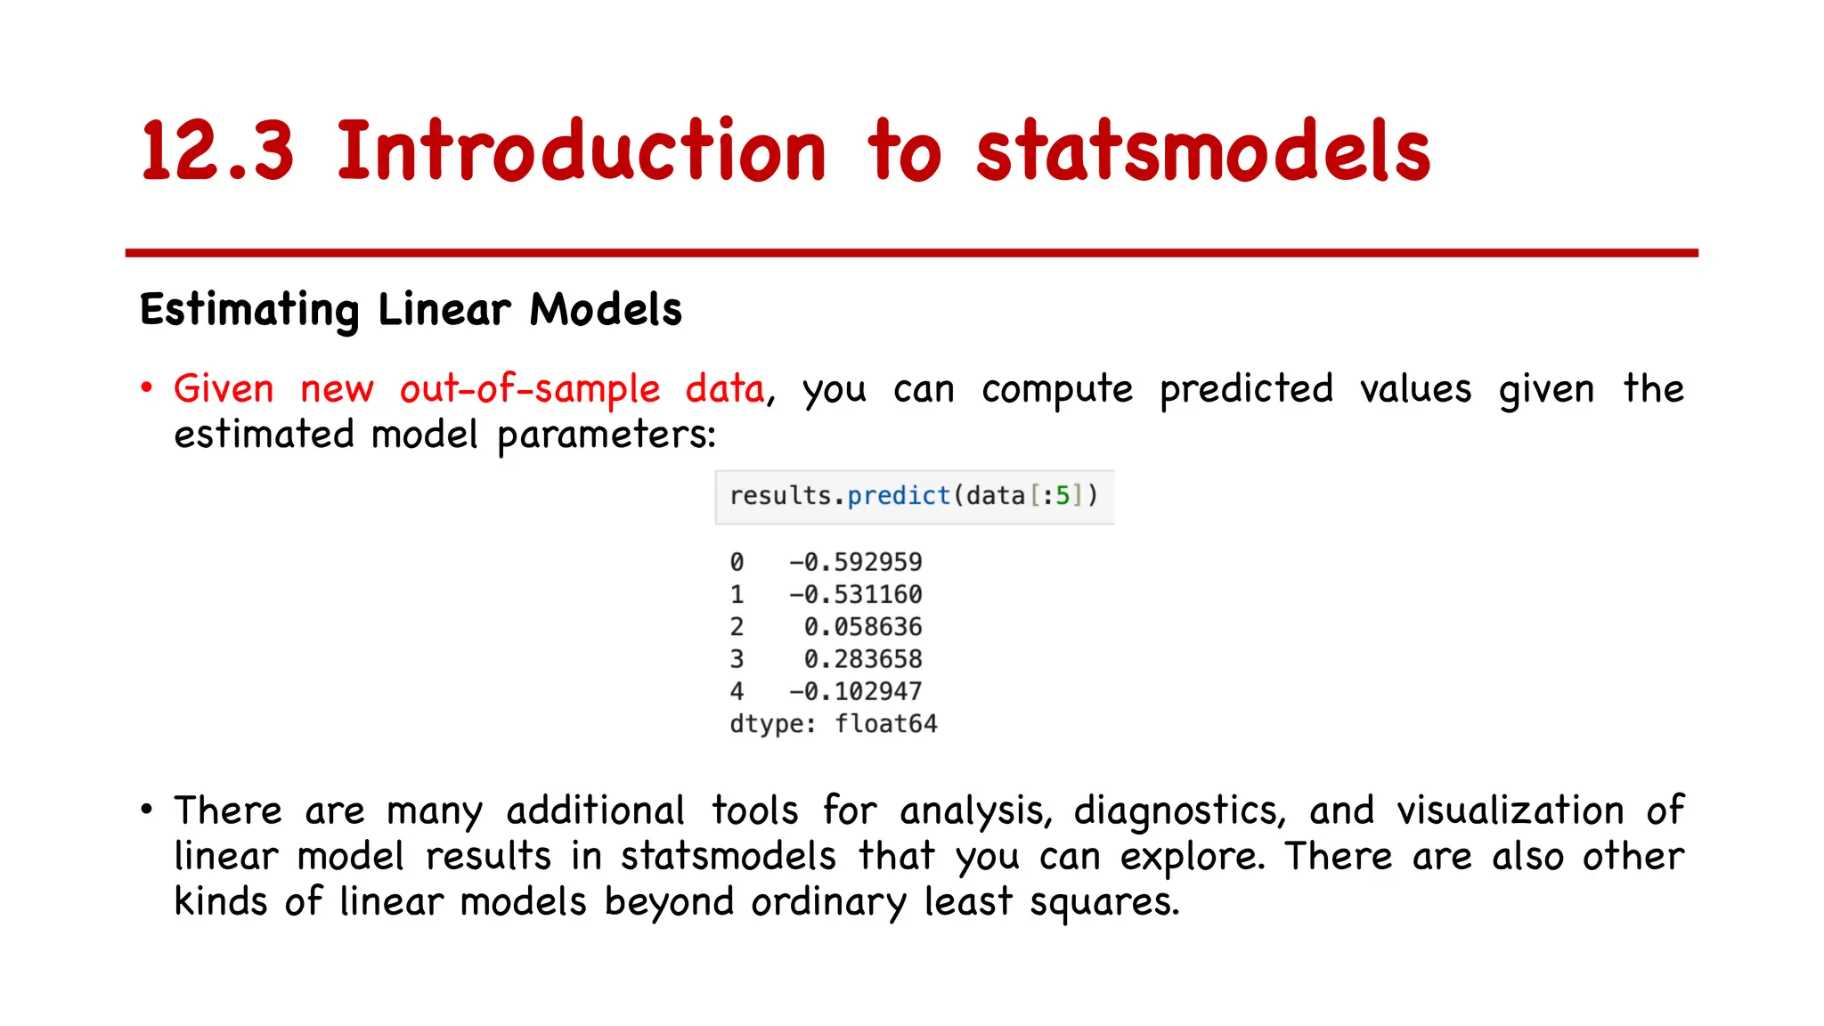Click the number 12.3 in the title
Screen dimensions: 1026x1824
216,151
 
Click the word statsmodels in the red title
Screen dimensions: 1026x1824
1202,151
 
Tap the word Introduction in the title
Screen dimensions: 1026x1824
581,151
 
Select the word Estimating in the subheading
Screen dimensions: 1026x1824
249,310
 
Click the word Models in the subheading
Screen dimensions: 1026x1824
606,310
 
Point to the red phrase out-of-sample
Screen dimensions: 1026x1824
530,389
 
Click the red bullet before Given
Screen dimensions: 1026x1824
147,387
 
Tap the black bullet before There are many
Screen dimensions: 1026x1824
147,809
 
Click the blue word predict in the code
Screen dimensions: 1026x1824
898,495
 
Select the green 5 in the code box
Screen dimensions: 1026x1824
1063,495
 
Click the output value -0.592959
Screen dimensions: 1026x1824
855,562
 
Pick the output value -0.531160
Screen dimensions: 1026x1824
855,594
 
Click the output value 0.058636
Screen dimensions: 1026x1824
862,627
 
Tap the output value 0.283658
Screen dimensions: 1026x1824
862,659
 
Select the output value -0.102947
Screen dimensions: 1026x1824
855,691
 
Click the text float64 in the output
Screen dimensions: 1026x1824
885,723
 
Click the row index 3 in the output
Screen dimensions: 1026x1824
737,659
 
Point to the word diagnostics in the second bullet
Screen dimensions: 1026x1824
1179,811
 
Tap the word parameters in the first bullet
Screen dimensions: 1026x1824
606,436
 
